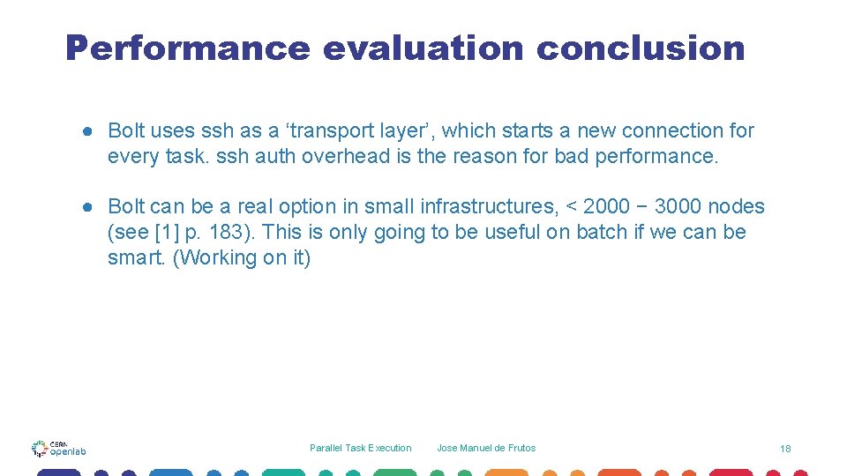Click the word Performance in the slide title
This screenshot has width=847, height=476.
point(187,48)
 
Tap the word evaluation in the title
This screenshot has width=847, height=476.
point(423,48)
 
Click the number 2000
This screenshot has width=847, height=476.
point(606,207)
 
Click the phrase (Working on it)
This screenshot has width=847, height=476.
point(243,258)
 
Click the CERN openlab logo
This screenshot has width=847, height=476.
point(58,449)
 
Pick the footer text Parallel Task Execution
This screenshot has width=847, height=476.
point(360,448)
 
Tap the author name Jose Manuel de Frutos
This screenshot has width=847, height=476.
point(486,448)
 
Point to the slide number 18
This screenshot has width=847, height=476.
point(785,449)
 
